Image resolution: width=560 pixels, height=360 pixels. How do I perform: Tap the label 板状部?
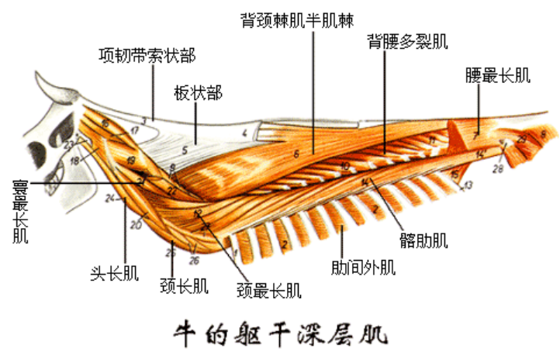[198, 94]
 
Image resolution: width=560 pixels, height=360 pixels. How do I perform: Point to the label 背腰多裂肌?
[407, 40]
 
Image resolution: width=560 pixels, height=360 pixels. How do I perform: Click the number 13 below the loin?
[468, 186]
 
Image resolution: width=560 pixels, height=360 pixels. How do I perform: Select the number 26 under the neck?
[194, 260]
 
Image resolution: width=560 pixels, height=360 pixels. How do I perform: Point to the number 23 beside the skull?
[69, 144]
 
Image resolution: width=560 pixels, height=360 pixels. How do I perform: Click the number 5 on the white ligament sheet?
[185, 150]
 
